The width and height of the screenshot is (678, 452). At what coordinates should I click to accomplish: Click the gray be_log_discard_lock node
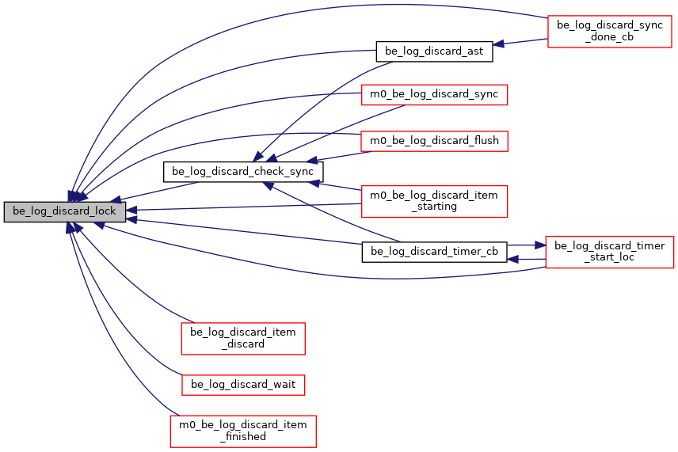click(65, 212)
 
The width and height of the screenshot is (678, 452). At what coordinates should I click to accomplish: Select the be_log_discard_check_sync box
click(242, 171)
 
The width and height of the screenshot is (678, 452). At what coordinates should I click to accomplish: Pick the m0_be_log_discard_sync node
click(433, 94)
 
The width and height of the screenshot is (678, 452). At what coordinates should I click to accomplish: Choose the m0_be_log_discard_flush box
click(433, 141)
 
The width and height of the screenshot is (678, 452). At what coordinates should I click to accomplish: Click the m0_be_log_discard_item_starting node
click(433, 200)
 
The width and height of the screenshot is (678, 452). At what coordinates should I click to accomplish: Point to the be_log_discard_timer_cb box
click(434, 252)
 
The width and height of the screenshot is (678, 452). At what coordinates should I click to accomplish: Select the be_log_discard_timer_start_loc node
click(609, 252)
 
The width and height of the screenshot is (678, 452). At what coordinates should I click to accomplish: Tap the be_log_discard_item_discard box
click(243, 338)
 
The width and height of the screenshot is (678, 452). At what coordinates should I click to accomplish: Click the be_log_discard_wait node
click(243, 385)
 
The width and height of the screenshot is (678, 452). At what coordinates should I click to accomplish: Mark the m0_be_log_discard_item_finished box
click(243, 431)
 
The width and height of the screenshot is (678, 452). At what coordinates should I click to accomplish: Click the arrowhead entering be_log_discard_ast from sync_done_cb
click(498, 44)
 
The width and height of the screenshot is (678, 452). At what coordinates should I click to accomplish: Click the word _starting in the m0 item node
click(433, 207)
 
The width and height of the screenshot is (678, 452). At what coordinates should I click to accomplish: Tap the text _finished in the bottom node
click(243, 437)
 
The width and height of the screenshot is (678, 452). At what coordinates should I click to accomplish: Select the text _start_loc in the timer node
click(609, 258)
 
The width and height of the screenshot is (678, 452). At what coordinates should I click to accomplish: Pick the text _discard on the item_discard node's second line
click(243, 344)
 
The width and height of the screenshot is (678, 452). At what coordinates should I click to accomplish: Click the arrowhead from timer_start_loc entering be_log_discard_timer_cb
click(512, 259)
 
